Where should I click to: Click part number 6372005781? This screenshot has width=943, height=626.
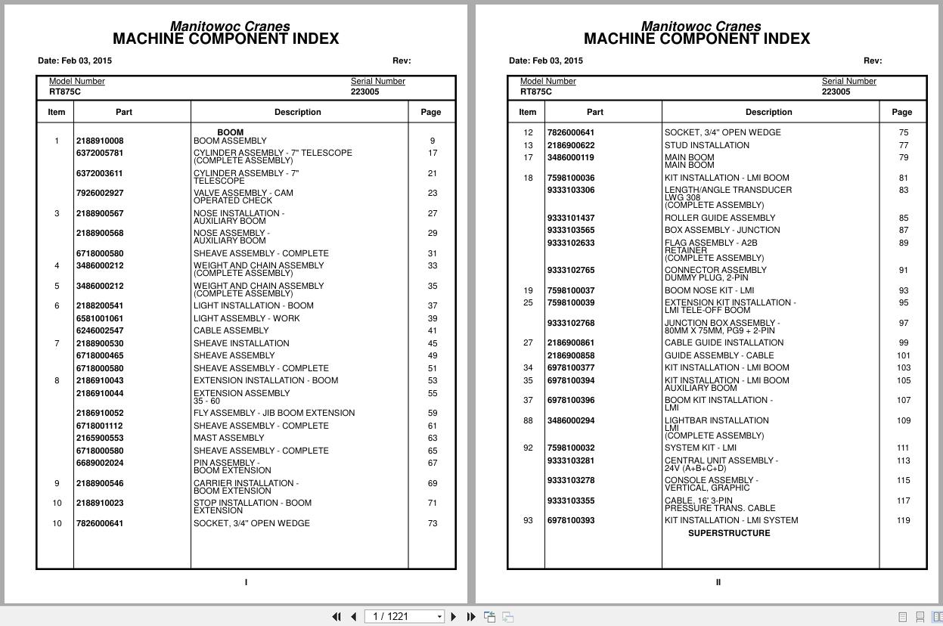99,153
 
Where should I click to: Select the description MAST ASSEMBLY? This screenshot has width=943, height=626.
228,438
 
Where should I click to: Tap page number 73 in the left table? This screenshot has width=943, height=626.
432,523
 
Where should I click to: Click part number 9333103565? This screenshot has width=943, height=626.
570,230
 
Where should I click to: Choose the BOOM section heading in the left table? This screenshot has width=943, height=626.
230,132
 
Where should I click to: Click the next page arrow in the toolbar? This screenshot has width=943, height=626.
454,617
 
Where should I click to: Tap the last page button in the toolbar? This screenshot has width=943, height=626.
471,617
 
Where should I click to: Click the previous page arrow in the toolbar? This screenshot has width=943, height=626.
353,617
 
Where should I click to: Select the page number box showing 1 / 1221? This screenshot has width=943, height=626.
405,617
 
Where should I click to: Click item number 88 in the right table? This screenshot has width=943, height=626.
528,420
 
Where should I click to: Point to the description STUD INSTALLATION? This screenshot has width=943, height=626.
706,145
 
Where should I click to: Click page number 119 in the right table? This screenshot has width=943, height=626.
903,520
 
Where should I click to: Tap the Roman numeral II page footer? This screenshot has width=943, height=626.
718,582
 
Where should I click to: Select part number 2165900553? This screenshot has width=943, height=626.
99,438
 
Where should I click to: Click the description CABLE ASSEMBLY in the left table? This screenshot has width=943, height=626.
231,330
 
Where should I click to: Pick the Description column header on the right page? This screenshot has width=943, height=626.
768,112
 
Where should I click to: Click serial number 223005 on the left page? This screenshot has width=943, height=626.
364,91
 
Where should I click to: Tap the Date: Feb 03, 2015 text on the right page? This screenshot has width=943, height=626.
545,60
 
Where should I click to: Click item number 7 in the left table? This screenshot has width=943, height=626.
56,343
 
